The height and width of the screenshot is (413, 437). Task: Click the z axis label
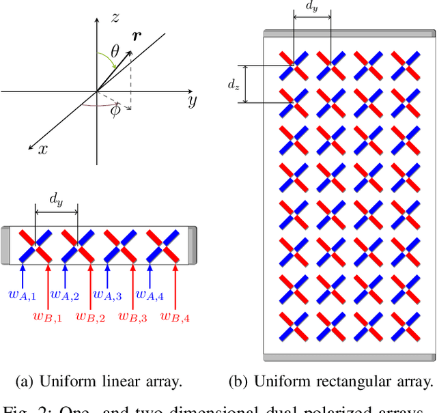point(115,19)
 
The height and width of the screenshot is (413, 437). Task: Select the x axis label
point(42,149)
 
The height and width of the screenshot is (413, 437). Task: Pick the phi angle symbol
point(115,110)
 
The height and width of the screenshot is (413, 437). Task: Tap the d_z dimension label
point(234,85)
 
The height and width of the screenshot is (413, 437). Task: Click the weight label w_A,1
point(22,294)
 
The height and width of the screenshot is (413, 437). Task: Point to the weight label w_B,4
point(176,316)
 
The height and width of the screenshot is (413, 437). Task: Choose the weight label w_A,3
point(107,294)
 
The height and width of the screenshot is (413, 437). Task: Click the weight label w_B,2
point(89,316)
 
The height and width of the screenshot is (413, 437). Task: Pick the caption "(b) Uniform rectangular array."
point(331,381)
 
